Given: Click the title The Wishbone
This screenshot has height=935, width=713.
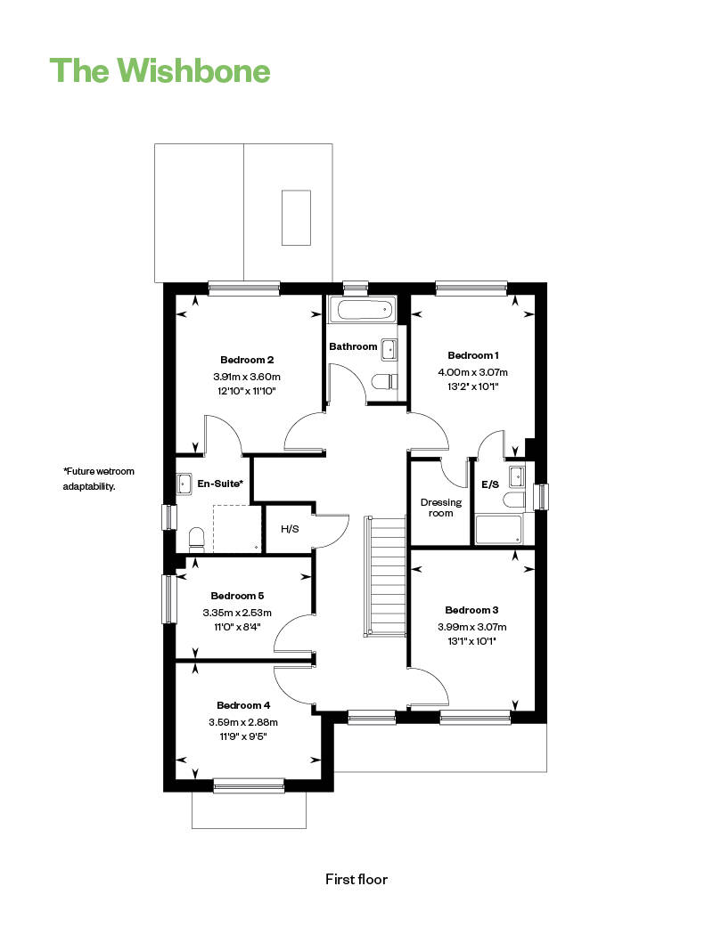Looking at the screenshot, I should coord(160,69).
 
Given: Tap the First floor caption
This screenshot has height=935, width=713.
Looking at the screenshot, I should coord(356,879).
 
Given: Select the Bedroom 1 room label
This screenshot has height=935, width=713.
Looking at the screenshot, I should coord(472,354).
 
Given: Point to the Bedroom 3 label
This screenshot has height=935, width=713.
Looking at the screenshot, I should coord(471,610).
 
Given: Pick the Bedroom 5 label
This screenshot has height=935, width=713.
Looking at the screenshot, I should coord(237,595).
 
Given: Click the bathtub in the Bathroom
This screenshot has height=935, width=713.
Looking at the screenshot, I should coord(361,311).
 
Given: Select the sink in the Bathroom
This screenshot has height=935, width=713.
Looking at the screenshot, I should coord(389,349).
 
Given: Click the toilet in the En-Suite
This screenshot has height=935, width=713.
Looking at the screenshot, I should coord(197,538).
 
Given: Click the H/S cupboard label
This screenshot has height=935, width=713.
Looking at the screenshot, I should coord(290,529).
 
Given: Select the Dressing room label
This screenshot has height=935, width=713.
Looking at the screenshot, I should coord(440,507).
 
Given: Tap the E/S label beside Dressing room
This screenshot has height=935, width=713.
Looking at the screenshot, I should coord(490,485).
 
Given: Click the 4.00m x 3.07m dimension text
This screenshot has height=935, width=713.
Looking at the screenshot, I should coord(472,372).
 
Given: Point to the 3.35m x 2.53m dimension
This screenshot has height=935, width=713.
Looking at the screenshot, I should coord(236,613).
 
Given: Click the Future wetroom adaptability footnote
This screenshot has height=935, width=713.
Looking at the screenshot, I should coord(98,479).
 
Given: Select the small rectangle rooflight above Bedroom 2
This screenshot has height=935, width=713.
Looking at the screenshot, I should coord(296,217).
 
